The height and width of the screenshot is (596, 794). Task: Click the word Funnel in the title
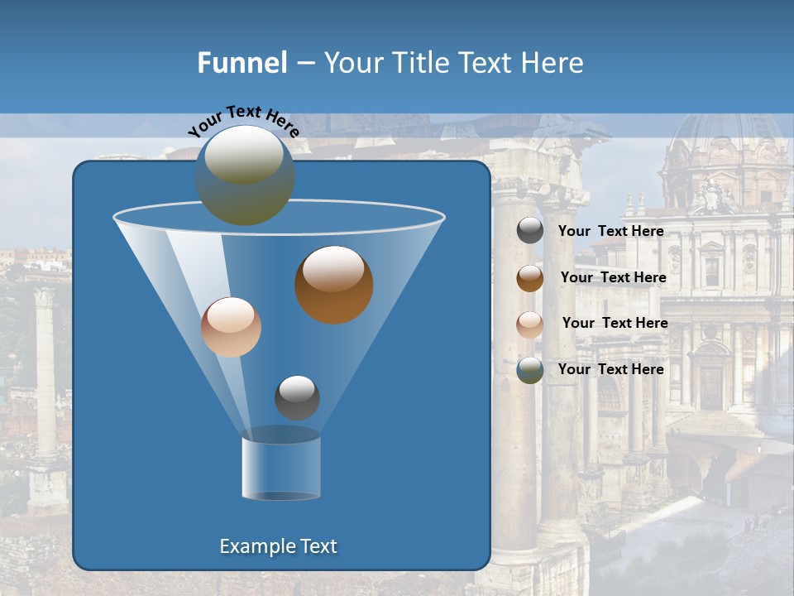pos(242,62)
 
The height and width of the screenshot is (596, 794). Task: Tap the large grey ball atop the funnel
pos(244,175)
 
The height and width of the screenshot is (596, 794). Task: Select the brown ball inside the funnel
pos(333,284)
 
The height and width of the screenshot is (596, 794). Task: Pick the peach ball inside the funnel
pos(231,327)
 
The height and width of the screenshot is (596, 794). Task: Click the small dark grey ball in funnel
pos(297,397)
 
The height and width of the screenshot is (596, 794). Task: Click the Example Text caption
pos(278,546)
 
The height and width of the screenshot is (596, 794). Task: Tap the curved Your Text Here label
pos(243,121)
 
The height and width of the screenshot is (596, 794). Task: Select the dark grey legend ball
pos(530,231)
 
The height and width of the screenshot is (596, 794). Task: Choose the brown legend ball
pos(530,277)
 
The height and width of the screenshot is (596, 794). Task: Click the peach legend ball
pos(530,324)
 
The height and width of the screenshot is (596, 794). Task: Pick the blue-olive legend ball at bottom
pos(530,370)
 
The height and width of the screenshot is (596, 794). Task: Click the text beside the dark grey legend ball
pos(610,231)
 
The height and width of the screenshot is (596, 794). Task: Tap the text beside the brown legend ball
pos(613,277)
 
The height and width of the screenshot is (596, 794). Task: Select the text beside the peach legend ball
pos(615,323)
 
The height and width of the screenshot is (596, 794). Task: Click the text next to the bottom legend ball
pos(610,369)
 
